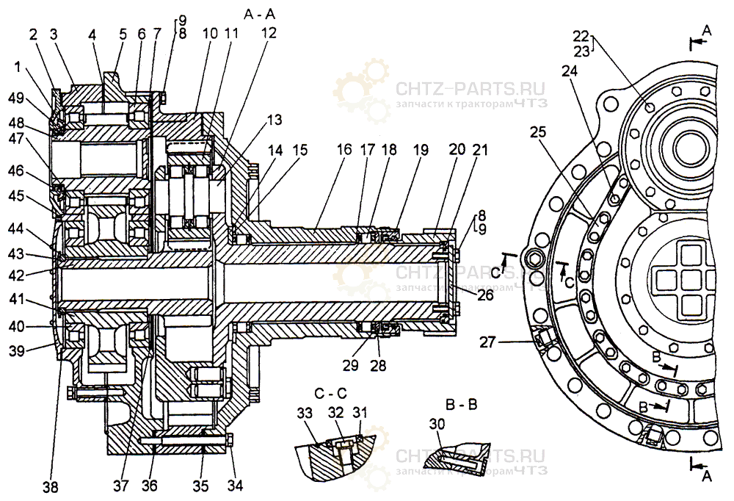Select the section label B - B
(462, 404)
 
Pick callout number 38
(51, 486)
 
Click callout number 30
(438, 425)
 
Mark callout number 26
(485, 295)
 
